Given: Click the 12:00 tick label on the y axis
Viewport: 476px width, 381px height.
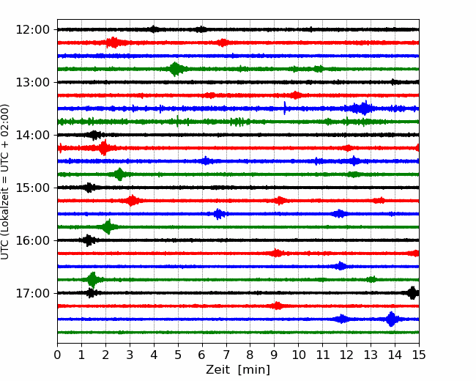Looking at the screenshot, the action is [x=32, y=30].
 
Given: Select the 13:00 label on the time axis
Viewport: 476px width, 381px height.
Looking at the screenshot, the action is [x=32, y=82].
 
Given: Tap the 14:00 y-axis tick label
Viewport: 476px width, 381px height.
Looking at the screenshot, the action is [x=32, y=135].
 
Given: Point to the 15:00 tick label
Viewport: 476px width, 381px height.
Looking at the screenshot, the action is [x=32, y=188].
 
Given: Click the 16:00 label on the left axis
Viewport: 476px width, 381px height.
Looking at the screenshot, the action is [x=32, y=240].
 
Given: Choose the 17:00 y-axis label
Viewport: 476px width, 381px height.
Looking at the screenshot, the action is [x=32, y=293].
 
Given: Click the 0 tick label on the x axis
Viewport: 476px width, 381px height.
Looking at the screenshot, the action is [x=57, y=355].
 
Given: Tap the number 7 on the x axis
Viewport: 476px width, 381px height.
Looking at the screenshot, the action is [x=226, y=355].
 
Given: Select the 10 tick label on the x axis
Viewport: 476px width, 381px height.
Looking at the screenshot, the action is [x=298, y=355].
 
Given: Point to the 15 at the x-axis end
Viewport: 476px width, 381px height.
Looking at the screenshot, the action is [x=419, y=355].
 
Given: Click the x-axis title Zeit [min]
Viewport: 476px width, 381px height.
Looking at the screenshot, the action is [x=238, y=370].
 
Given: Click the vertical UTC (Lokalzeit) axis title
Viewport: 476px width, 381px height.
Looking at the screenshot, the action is [x=5, y=182].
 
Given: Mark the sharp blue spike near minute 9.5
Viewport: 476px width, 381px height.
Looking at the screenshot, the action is [x=284, y=108].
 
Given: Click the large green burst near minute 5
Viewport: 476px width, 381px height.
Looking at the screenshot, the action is [x=176, y=69].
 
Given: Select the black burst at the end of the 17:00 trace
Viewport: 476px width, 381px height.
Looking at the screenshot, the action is [x=412, y=293].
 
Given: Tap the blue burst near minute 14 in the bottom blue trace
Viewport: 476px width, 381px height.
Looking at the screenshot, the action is [x=392, y=319].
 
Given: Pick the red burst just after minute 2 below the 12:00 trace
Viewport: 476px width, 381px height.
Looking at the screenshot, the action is [x=114, y=42].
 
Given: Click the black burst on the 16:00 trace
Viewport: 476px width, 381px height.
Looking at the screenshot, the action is [x=89, y=240].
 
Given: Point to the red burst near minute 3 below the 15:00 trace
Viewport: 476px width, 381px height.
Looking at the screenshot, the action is [x=131, y=201].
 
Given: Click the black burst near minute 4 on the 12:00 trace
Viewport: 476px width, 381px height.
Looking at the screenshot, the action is [x=154, y=29].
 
